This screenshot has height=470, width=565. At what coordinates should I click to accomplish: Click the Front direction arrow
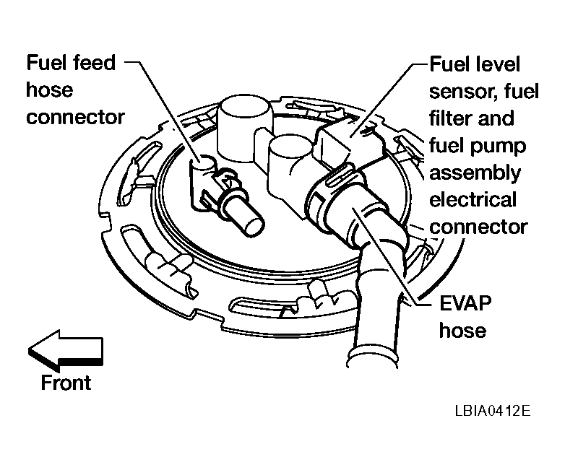click(66, 351)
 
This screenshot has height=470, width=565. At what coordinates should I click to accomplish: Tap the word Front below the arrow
click(66, 383)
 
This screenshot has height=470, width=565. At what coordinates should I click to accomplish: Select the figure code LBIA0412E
click(493, 411)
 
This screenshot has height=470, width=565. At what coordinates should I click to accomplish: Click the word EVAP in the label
click(465, 303)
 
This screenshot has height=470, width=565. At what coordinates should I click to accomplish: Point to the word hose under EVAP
click(462, 330)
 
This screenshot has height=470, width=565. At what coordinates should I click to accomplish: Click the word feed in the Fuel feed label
click(94, 63)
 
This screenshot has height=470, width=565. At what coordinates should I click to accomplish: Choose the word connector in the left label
click(75, 118)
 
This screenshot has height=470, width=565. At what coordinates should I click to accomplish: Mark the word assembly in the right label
click(475, 173)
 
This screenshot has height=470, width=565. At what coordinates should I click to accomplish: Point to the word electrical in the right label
click(473, 199)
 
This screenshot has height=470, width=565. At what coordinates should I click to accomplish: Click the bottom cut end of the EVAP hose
click(372, 360)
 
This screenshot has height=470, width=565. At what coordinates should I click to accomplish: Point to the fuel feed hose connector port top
click(203, 162)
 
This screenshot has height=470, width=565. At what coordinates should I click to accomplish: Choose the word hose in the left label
click(50, 90)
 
